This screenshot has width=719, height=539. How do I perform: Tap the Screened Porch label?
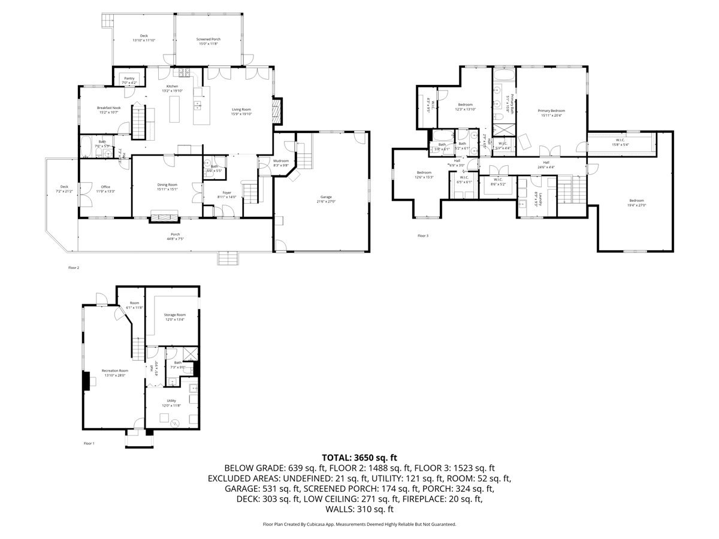(x=209, y=40)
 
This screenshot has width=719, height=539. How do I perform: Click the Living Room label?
(x=241, y=109)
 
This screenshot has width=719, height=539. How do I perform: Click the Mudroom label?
(x=281, y=161)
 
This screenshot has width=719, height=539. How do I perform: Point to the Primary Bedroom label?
(x=551, y=110)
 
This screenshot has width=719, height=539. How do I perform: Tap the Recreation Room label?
(x=115, y=371)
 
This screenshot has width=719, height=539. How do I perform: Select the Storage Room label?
(x=175, y=314)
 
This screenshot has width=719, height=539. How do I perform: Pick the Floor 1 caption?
(x=89, y=443)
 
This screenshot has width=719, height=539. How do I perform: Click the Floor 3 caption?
(x=423, y=235)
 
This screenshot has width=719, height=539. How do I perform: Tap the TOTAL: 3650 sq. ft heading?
(x=359, y=456)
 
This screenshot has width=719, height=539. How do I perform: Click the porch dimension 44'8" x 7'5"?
(x=175, y=238)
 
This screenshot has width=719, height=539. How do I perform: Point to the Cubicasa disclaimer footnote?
(x=359, y=524)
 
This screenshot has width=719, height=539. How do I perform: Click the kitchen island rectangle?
(x=174, y=109)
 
